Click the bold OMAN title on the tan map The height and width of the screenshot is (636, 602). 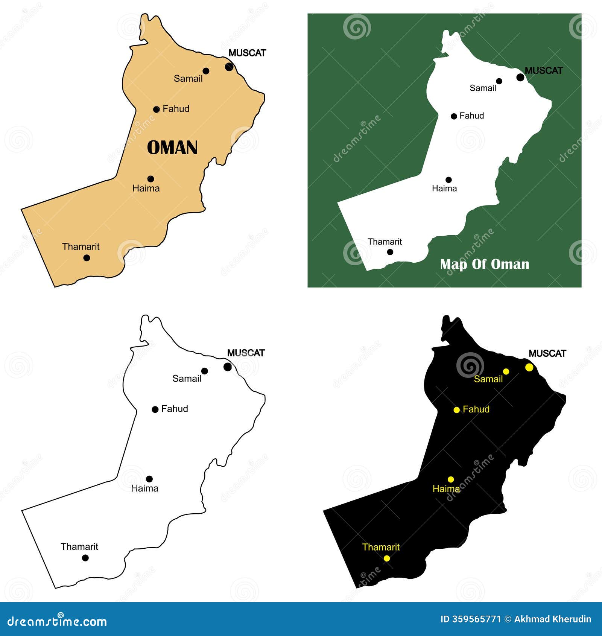point(172,148)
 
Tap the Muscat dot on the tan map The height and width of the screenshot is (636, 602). point(229,67)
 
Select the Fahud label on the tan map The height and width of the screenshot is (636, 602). point(176,109)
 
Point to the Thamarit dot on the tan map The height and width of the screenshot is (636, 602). point(87,258)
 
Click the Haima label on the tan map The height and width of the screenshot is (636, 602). point(146,188)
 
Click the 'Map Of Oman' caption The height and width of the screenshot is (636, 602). point(485,264)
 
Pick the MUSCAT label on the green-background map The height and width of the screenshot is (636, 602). point(544,70)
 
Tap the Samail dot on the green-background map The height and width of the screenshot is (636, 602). point(499,81)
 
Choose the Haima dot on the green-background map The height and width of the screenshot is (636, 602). point(448,180)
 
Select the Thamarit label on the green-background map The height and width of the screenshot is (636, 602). point(385,242)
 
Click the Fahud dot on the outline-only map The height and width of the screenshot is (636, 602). point(155,409)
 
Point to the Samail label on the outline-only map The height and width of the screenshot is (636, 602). point(187,379)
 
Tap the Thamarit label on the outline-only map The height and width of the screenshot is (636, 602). point(79,546)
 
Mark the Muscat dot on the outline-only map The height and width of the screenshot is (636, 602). point(228,367)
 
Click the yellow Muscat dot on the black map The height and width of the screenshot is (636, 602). point(529,367)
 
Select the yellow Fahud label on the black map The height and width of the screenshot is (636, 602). point(476,409)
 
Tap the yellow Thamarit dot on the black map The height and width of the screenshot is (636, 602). point(387,558)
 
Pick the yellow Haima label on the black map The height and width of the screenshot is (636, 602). point(446,489)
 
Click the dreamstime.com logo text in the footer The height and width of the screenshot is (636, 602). point(57,622)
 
